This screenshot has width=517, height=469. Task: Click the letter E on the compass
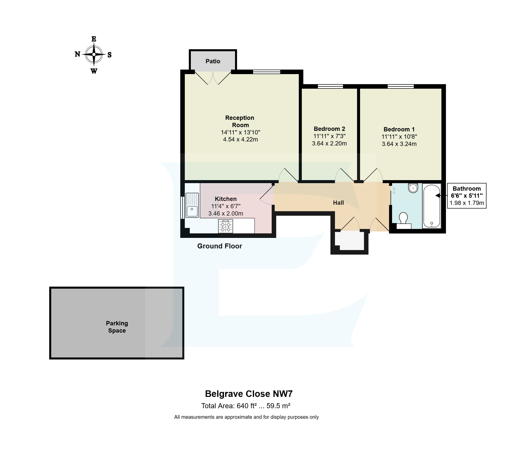coord(94,39)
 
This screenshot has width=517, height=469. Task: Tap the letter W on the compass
coord(94,71)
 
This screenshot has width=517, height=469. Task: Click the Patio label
coord(213,61)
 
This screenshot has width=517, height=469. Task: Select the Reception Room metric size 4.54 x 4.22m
coord(240,140)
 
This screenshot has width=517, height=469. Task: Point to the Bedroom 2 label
coord(329,129)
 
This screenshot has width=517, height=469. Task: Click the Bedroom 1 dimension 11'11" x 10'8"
coord(399,137)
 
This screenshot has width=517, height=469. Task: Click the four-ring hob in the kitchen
coord(225,226)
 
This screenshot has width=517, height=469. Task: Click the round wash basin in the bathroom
coord(413,188)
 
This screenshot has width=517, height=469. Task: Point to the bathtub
coord(431,206)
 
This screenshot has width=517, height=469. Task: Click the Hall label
coord(338,203)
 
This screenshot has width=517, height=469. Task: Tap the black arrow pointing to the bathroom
coord(438,195)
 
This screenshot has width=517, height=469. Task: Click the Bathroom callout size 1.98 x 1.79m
coord(467,203)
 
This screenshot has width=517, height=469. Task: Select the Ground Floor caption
coord(219,246)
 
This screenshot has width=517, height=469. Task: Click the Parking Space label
coord(117,327)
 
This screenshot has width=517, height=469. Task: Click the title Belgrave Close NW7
coord(249,394)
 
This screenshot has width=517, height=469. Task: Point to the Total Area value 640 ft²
coord(246,406)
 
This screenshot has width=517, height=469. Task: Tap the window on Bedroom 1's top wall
coord(400,86)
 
